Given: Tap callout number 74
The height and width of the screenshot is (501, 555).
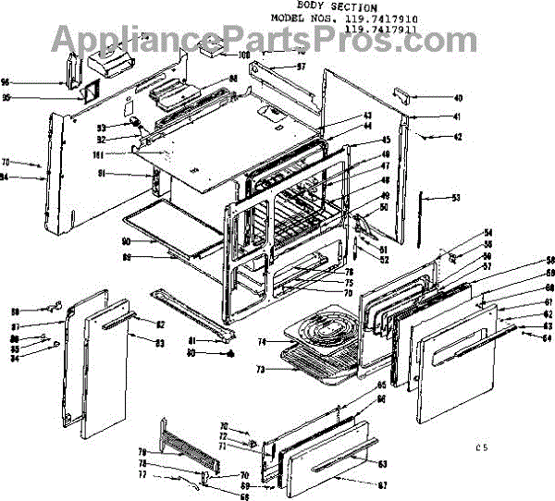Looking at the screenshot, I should click(x=262, y=342).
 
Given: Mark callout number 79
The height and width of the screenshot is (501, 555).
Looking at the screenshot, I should click(x=144, y=453).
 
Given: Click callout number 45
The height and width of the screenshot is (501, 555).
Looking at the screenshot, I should click(x=360, y=140).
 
